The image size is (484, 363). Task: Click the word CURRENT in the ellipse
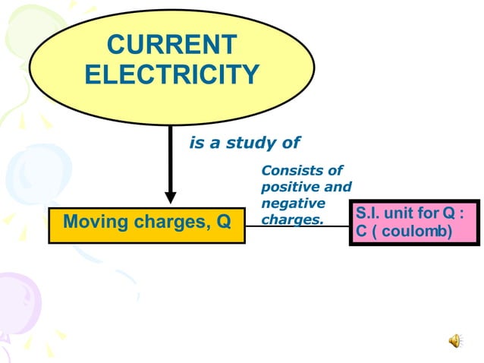[x=171, y=45]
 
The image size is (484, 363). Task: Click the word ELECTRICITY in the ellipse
[x=171, y=74]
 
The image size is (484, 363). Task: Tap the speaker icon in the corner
[x=454, y=340]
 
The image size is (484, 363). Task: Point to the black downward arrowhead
[x=171, y=196]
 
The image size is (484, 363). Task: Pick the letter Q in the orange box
[x=224, y=223]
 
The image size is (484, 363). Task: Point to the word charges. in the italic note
[x=292, y=220]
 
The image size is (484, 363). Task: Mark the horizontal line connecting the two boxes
[x=297, y=226]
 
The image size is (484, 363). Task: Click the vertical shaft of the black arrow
[x=171, y=156]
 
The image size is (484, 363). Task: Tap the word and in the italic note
[x=338, y=187]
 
